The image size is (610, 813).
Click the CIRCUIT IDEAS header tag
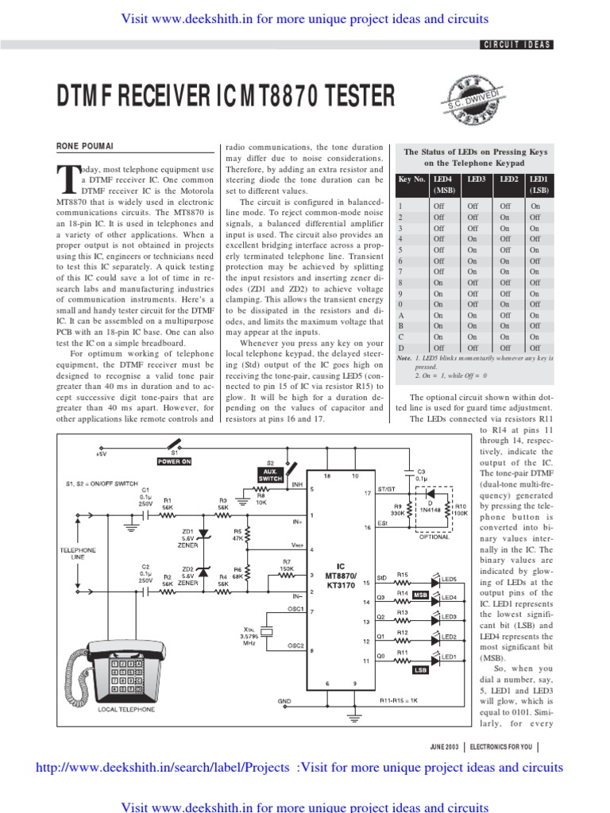[517, 45]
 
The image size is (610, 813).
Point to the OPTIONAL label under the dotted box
[433, 538]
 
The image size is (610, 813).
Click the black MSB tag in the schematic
[420, 594]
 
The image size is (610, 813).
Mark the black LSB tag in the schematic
[420, 671]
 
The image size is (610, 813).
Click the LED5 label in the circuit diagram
[449, 580]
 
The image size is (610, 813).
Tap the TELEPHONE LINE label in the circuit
[79, 553]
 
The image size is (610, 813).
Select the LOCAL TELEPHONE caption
[126, 709]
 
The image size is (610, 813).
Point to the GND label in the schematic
[284, 701]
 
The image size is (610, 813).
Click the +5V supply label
[101, 455]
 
